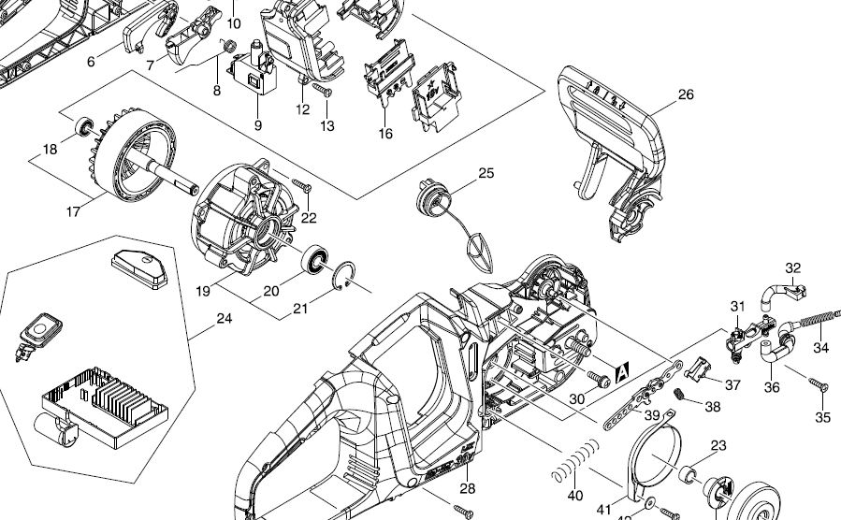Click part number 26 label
tap(686, 94)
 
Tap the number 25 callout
tap(486, 173)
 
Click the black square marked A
tap(620, 375)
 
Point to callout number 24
tap(224, 319)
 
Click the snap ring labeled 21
tap(344, 273)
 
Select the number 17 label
tap(73, 212)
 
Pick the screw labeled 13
tap(322, 92)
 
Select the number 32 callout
tap(792, 268)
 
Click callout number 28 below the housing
tap(467, 488)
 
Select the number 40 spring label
tap(574, 495)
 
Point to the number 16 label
tap(385, 134)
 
